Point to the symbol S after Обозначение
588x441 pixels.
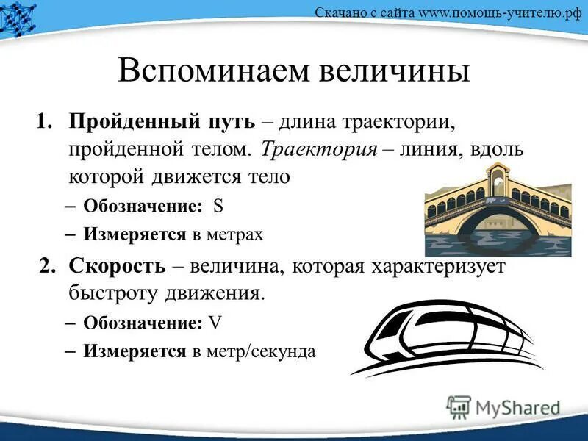(x=218, y=207)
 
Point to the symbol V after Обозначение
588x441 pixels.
(x=215, y=323)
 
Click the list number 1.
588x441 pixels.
(x=45, y=121)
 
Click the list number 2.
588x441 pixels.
(x=49, y=266)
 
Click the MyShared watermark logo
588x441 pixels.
(x=503, y=405)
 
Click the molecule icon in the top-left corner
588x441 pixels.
(x=19, y=16)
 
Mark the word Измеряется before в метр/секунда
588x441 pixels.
(x=135, y=351)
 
